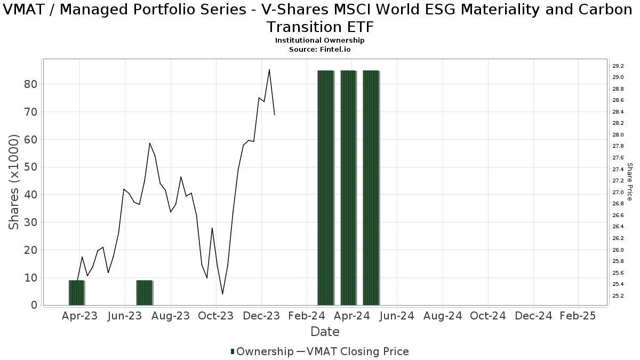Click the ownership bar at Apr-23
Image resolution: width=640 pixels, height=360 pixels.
click(76, 293)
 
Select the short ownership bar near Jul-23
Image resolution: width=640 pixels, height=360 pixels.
click(145, 293)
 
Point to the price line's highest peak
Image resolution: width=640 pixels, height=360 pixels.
click(269, 70)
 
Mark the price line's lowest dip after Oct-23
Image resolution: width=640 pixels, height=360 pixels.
click(222, 294)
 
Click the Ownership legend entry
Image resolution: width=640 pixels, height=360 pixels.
click(262, 351)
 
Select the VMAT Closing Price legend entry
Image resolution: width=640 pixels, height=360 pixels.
click(353, 351)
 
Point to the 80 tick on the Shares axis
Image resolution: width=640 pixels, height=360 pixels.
click(30, 84)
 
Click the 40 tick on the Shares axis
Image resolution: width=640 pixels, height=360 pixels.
click(30, 195)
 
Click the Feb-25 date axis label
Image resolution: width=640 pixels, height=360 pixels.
click(578, 316)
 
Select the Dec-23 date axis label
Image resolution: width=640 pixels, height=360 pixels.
click(261, 316)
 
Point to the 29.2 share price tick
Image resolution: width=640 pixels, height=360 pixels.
click(619, 66)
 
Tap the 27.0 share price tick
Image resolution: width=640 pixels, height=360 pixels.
click(619, 193)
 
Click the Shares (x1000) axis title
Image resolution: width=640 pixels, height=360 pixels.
click(14, 182)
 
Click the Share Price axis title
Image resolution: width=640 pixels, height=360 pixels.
click(629, 182)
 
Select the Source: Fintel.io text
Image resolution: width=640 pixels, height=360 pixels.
click(320, 49)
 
